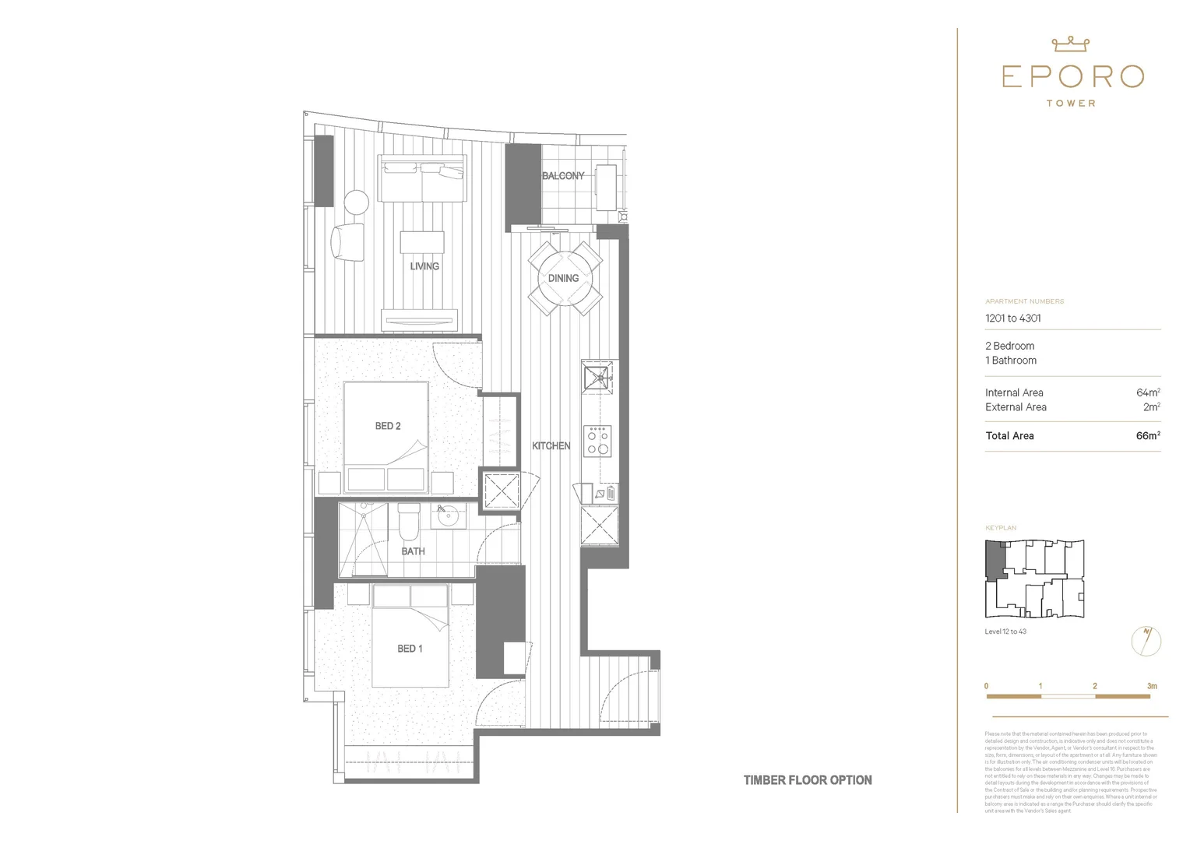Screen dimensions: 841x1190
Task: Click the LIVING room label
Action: [x=424, y=266]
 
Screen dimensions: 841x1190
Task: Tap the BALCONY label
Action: [x=562, y=176]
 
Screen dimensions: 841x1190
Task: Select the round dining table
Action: [x=563, y=278]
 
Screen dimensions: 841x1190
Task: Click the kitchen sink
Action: [x=598, y=378]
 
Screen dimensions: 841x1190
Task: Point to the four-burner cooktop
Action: [x=598, y=441]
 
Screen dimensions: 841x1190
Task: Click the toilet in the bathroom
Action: [x=408, y=523]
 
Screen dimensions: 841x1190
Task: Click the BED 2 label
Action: [x=388, y=426]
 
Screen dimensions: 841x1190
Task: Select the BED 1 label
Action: [x=410, y=649]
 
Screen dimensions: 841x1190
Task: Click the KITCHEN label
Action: [x=551, y=446]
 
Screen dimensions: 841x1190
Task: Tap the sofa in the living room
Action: [x=421, y=178]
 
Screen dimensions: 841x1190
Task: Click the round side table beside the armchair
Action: [x=356, y=202]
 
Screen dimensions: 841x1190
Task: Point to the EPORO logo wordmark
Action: [x=1072, y=76]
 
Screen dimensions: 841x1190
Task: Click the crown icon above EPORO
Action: [x=1070, y=44]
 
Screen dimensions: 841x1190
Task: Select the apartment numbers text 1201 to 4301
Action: [x=1012, y=318]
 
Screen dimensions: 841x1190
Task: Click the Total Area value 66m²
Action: [x=1147, y=436]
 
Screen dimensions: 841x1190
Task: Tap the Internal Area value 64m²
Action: [x=1147, y=393]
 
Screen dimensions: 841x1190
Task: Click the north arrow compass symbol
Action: [x=1146, y=642]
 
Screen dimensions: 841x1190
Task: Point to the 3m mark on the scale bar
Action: [x=1151, y=687]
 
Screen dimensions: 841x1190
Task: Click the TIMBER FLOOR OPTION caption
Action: [x=807, y=780]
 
